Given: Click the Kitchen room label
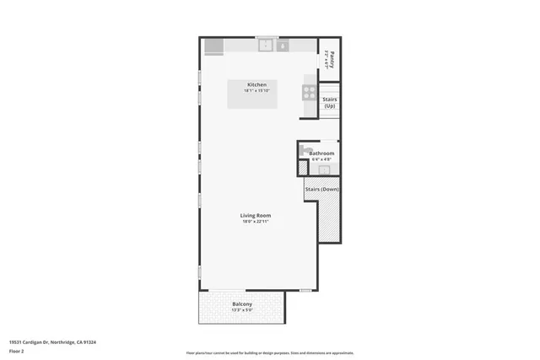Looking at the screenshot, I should [256, 84].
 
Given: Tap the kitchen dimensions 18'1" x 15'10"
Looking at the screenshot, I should [256, 91].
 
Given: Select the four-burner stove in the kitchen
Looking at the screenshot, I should [310, 93].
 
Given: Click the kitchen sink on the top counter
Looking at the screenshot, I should [267, 45].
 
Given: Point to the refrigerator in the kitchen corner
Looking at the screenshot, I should [213, 46].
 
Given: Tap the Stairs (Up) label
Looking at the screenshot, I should [330, 103].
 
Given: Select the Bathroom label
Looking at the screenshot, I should [321, 153].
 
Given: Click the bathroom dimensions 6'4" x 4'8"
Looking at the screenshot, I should [321, 159].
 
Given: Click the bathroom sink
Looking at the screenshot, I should [324, 169].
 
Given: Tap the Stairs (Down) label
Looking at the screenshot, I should [321, 190].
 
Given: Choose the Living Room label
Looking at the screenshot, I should [256, 215].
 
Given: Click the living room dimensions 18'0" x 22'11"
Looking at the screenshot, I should [256, 222].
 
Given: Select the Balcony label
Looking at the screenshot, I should [242, 304].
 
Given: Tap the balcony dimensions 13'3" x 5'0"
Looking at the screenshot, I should [242, 310].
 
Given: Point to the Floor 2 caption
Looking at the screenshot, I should [16, 350].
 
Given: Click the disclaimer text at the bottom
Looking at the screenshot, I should [270, 352].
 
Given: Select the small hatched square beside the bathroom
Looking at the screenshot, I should [303, 168].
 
